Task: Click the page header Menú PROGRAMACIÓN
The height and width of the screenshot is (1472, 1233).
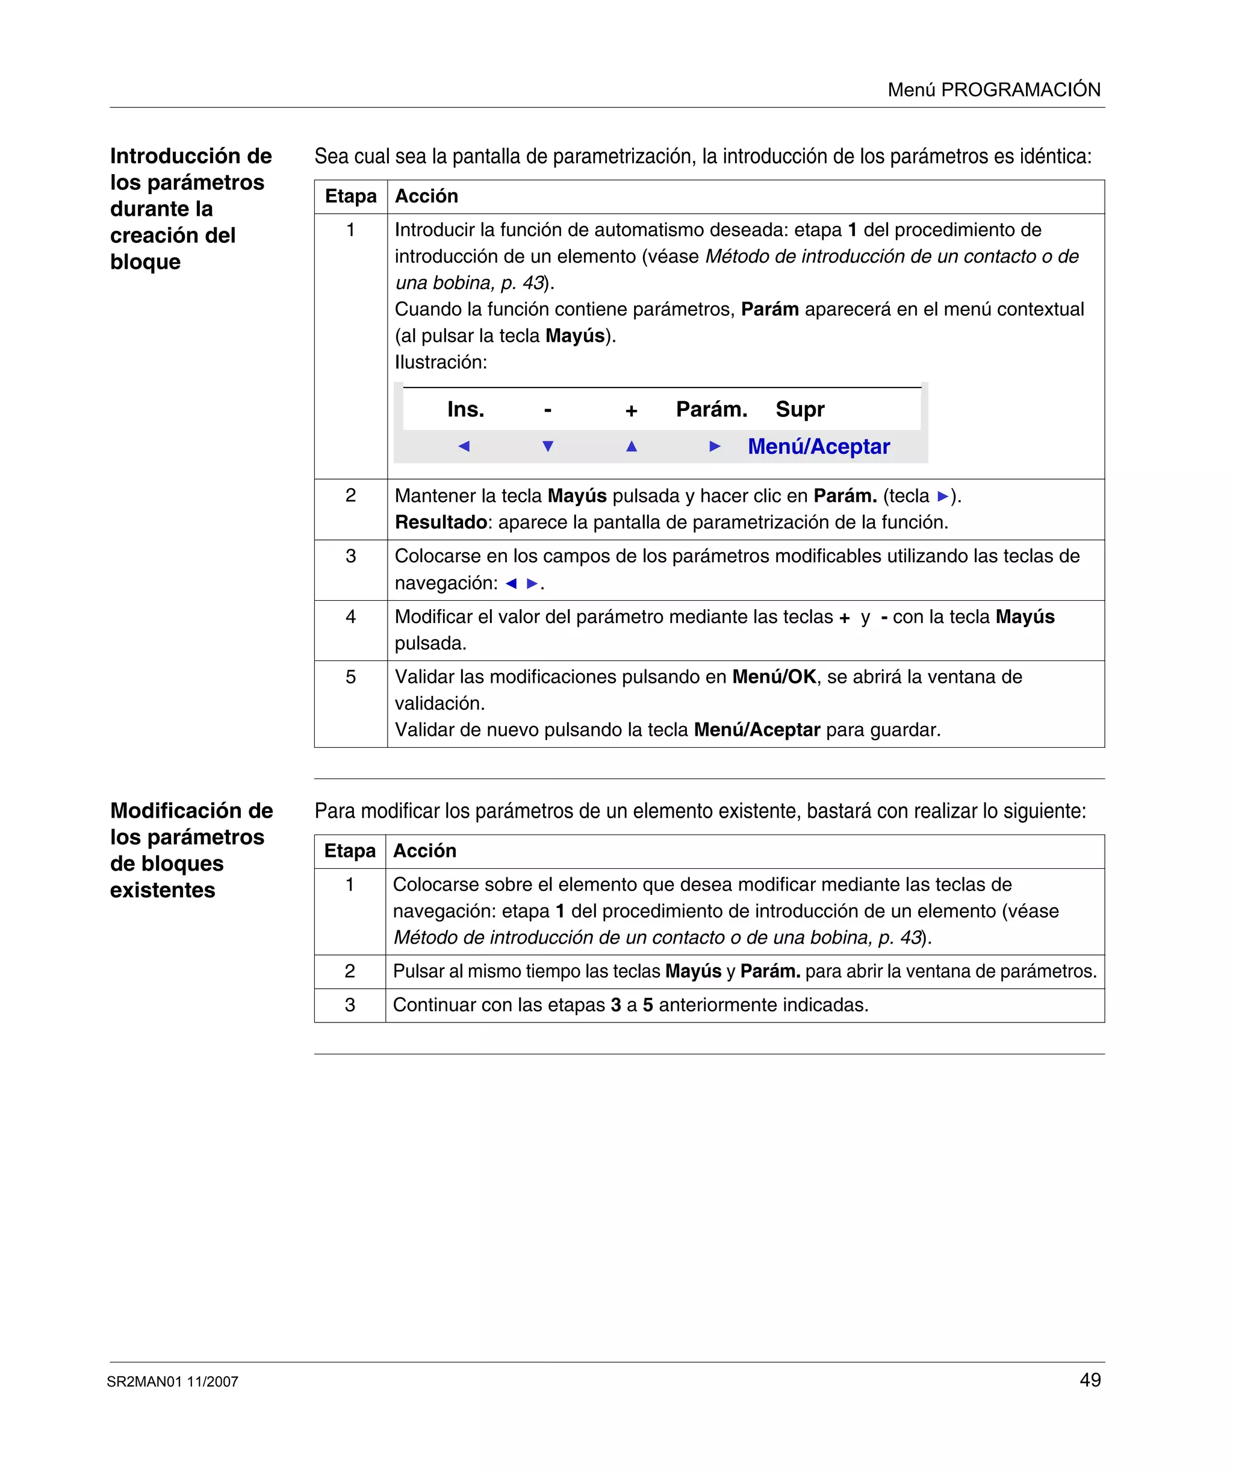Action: click(993, 90)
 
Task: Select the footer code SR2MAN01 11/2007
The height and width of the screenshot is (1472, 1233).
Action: click(172, 1382)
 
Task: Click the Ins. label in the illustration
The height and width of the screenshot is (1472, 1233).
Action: click(466, 409)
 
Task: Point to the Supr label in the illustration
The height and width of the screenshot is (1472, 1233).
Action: click(800, 409)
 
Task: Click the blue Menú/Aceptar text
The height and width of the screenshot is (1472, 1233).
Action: click(818, 446)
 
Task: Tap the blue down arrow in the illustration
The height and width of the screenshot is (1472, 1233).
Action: click(548, 446)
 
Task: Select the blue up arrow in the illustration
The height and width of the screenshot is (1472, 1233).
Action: click(631, 446)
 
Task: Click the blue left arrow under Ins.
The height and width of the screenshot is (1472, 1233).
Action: click(464, 446)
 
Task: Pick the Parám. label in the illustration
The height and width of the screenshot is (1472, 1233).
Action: click(711, 409)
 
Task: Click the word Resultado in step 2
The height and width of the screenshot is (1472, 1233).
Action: click(441, 522)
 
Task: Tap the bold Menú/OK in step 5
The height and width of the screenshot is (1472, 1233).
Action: click(774, 677)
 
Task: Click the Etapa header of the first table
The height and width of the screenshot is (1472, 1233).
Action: click(350, 196)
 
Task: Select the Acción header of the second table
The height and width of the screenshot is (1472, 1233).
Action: click(424, 851)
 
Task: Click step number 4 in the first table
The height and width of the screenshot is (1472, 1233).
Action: click(350, 617)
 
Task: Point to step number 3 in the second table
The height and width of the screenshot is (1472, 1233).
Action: click(350, 1005)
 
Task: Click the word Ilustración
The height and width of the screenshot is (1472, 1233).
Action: click(441, 362)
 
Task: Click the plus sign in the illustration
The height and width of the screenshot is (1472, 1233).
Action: click(631, 411)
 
